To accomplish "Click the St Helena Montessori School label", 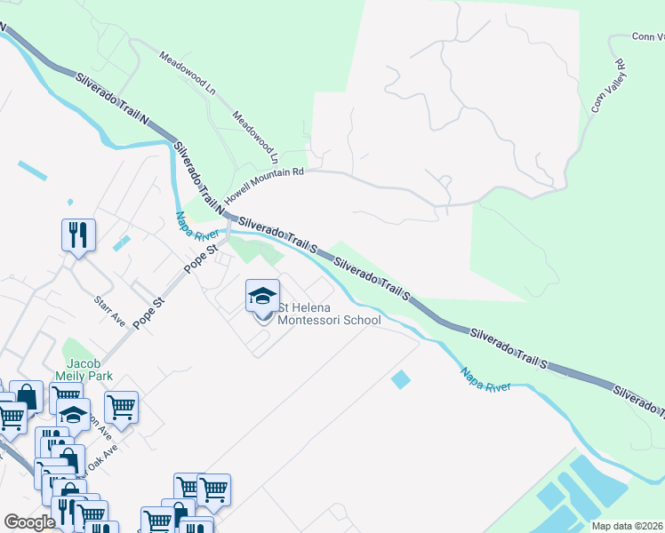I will [330, 314].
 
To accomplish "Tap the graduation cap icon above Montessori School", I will [262, 296].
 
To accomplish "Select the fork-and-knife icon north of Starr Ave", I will [78, 235].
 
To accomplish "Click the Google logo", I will [30, 522].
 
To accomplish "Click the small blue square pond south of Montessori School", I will [401, 380].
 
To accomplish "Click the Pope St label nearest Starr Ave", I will [148, 314].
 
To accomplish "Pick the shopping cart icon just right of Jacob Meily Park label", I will [121, 408].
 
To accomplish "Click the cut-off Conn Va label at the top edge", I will [648, 37].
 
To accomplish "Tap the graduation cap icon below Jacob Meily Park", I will [74, 413].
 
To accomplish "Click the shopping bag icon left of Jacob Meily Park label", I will [27, 397].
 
